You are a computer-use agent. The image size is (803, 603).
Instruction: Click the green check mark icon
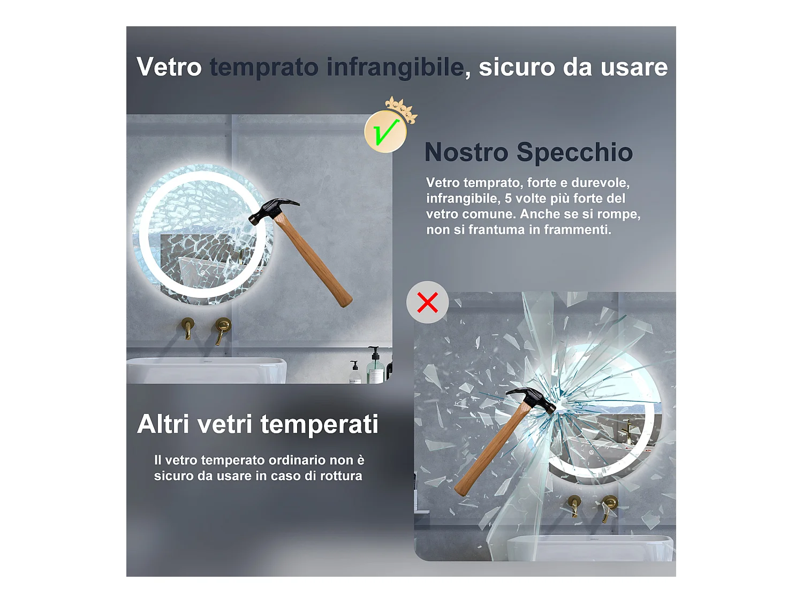tap(385, 131)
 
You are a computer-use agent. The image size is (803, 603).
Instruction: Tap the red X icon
tap(427, 302)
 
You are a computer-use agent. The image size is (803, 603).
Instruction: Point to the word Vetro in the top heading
tap(169, 66)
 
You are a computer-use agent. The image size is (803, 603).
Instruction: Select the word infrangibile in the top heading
tap(395, 68)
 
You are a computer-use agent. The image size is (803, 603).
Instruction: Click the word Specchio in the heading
tap(574, 152)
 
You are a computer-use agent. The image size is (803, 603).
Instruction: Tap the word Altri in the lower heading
tap(163, 424)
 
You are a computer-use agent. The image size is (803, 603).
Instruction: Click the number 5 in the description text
tap(508, 198)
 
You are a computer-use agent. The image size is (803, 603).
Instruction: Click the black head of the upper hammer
tap(273, 210)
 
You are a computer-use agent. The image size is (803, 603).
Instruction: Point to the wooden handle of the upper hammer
tap(313, 260)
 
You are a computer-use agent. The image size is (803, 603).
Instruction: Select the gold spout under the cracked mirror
tap(188, 329)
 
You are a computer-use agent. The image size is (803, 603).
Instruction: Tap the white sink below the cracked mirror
tap(206, 370)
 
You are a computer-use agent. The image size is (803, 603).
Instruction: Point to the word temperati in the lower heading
tap(319, 425)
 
